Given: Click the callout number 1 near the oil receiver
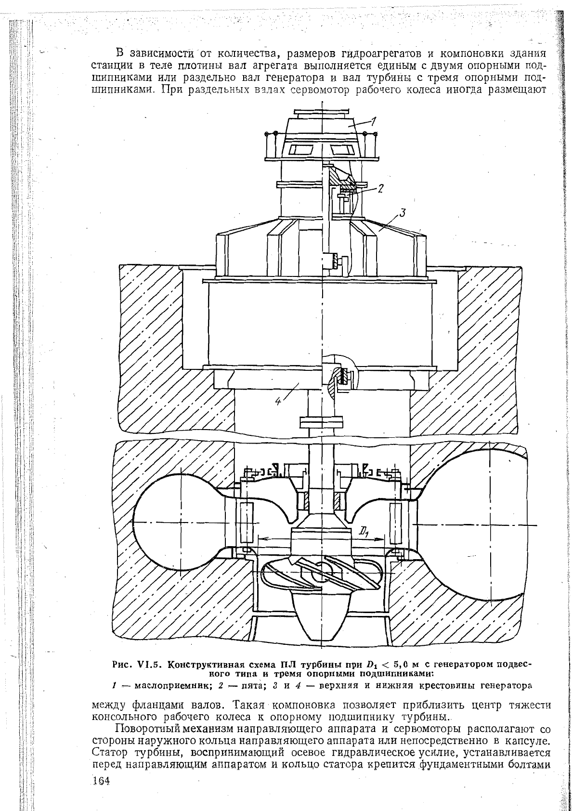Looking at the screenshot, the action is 374,121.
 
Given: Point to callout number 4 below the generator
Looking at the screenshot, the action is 278,401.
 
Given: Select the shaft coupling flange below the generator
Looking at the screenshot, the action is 321,422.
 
